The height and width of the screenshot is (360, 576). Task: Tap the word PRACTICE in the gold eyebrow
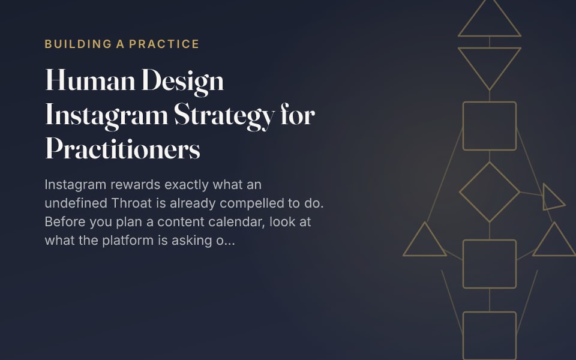(164, 44)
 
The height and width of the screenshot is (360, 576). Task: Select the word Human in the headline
(90, 80)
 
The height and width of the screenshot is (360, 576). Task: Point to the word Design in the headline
(182, 82)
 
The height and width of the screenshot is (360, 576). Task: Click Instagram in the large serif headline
(107, 116)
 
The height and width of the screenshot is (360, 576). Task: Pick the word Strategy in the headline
(224, 116)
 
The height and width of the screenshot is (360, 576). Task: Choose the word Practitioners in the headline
(122, 148)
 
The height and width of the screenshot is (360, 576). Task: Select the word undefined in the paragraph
(76, 203)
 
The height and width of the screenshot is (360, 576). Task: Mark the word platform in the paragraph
(128, 240)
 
